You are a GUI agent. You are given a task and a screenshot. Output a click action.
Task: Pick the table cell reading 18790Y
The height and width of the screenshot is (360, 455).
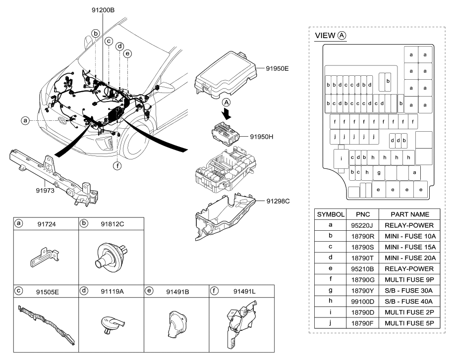click(x=362, y=290)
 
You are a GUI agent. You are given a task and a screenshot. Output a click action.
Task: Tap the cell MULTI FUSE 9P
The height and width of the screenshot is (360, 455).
click(x=409, y=279)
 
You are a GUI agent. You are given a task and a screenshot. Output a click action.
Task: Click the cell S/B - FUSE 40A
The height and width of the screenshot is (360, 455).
click(x=409, y=301)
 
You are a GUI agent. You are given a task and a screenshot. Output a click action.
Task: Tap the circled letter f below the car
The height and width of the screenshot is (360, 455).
click(x=117, y=165)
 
